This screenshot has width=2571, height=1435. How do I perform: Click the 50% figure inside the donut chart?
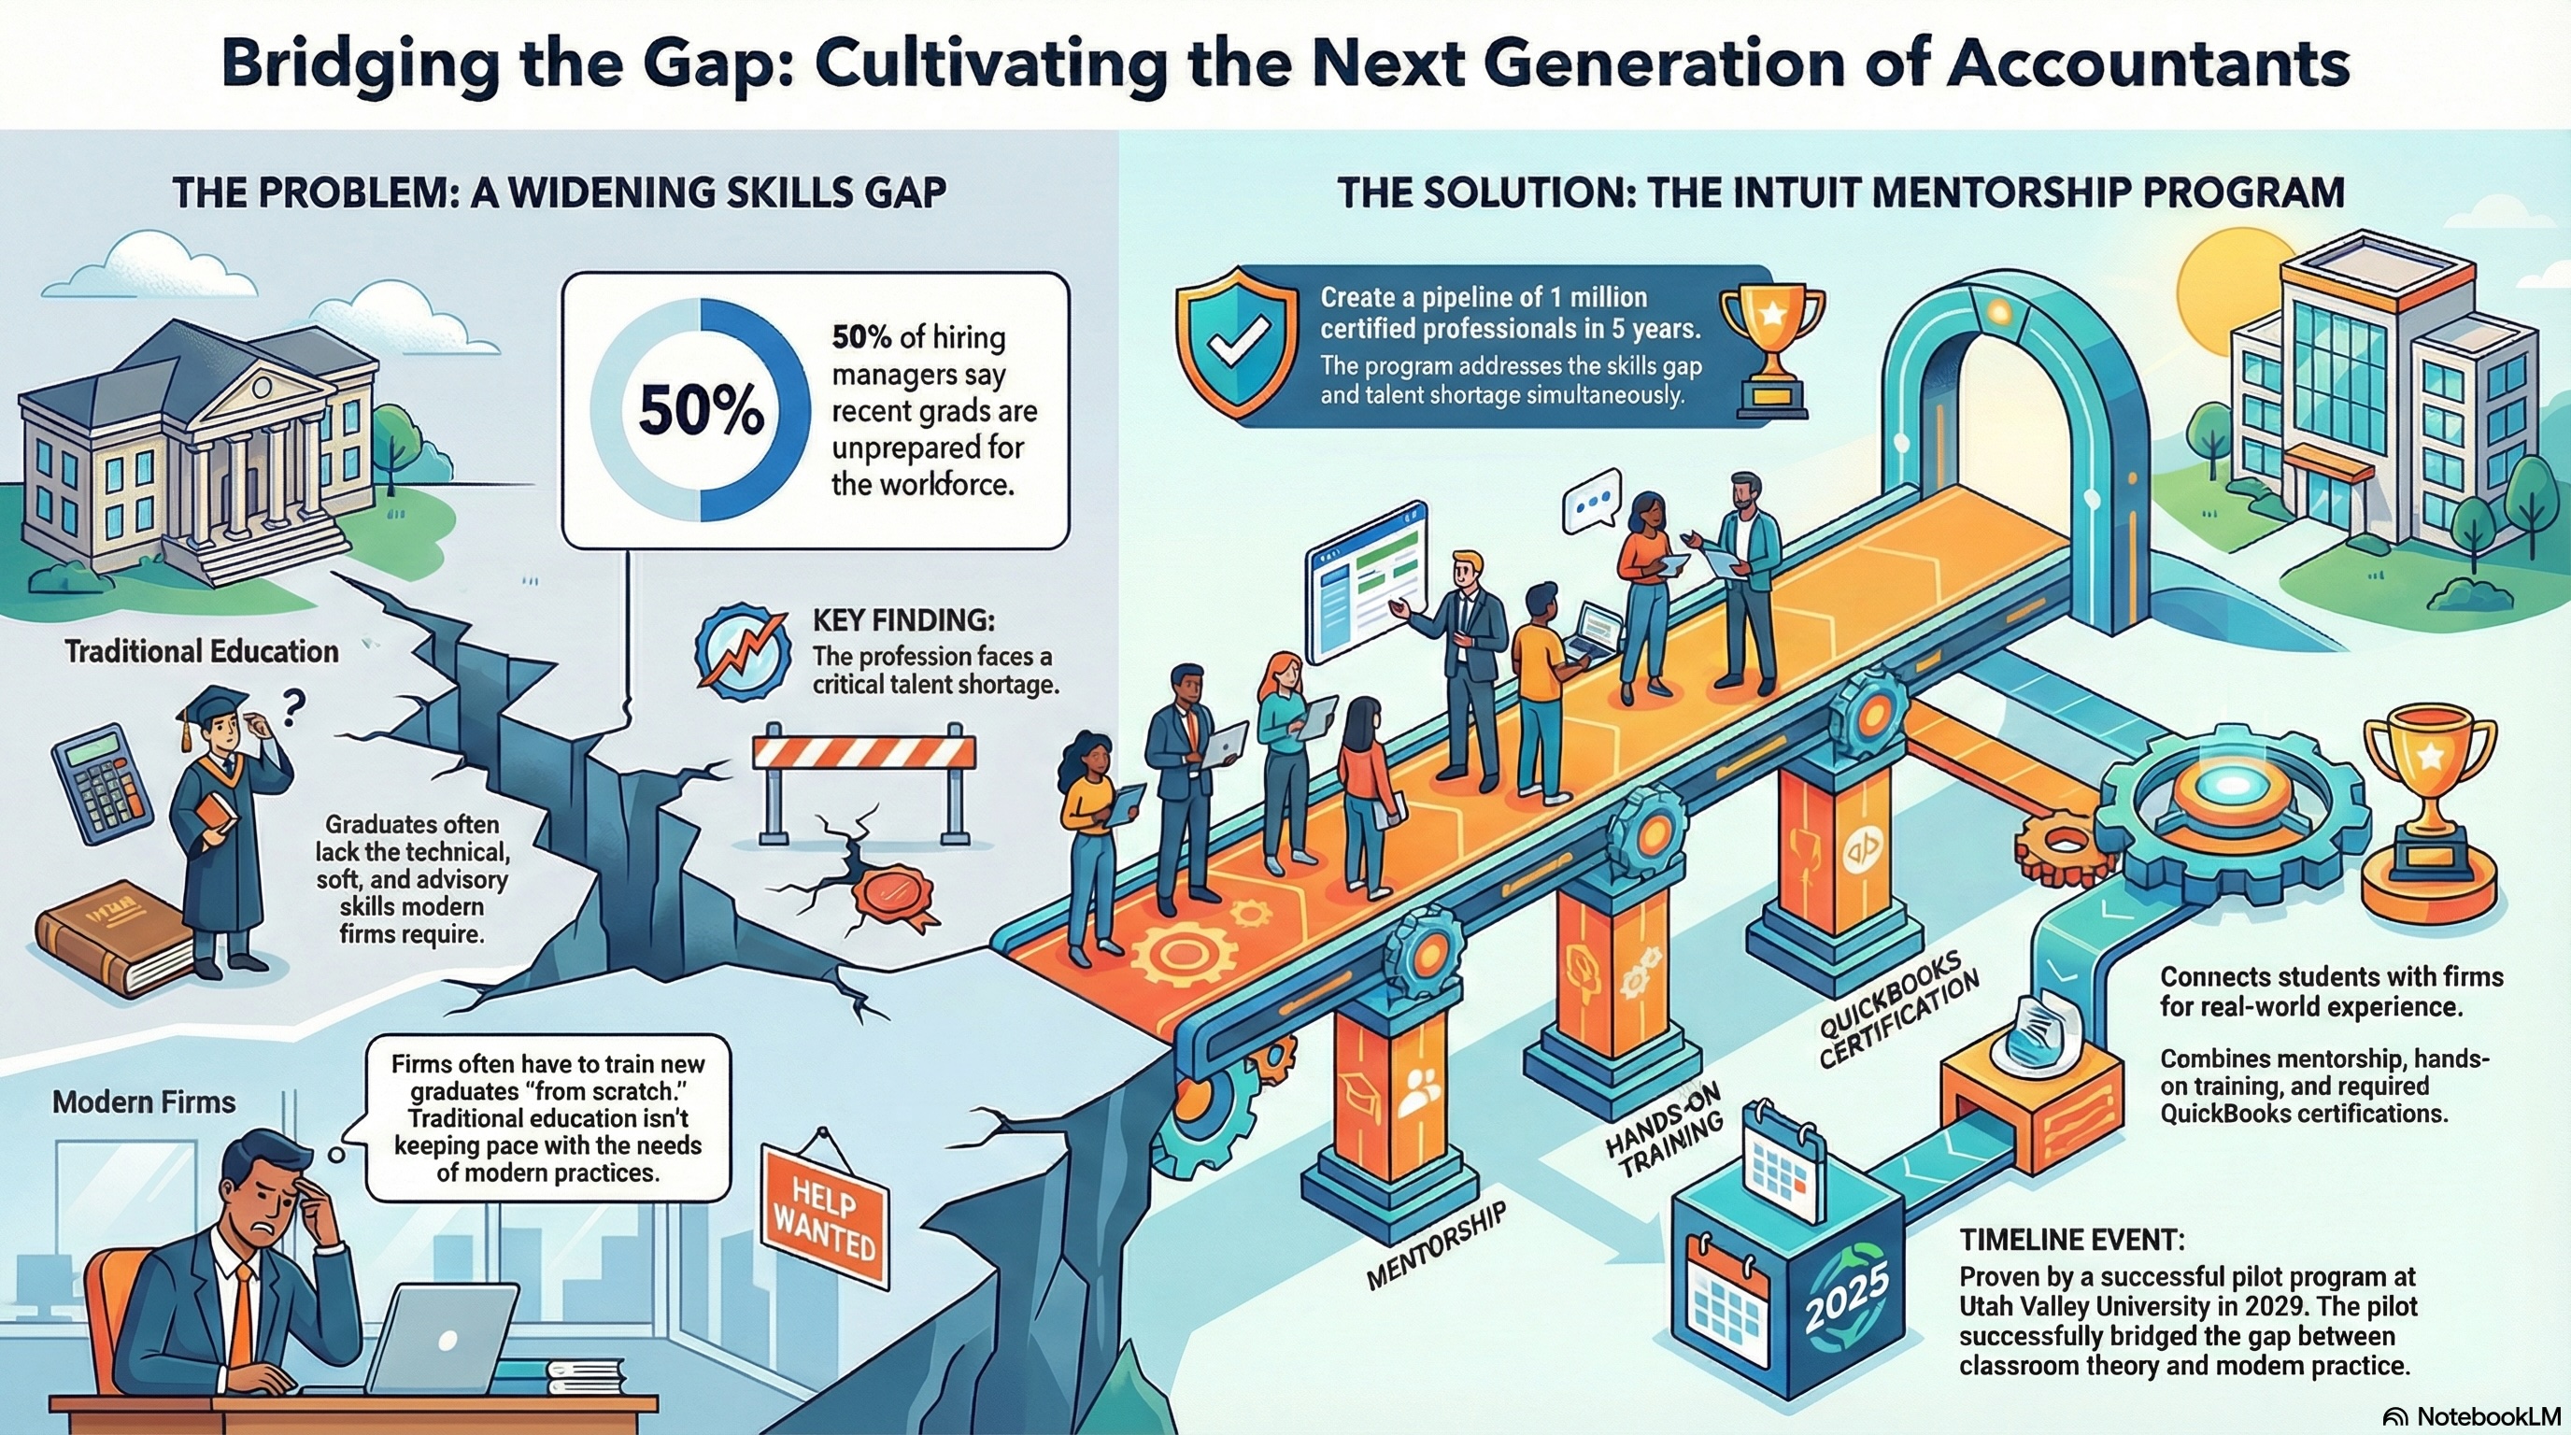tap(701, 412)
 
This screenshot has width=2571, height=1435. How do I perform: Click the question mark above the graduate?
tap(291, 709)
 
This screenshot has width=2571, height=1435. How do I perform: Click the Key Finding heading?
tap(903, 619)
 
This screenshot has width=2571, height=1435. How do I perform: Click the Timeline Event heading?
tap(2072, 1240)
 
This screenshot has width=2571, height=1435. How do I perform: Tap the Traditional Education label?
tap(202, 652)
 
